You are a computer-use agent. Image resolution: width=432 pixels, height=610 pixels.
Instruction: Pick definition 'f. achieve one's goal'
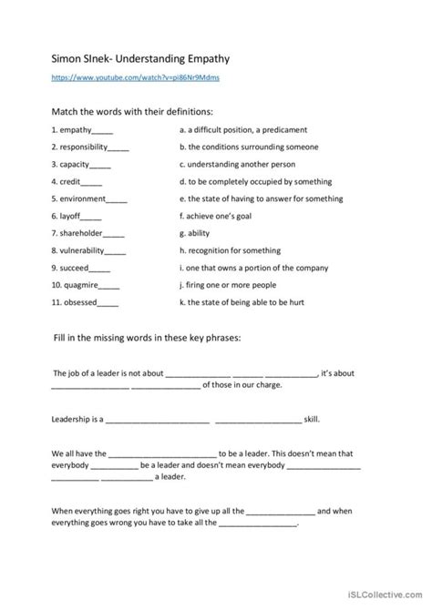pyautogui.click(x=221, y=216)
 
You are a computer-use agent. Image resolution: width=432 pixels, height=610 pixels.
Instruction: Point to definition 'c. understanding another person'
pyautogui.click(x=240, y=164)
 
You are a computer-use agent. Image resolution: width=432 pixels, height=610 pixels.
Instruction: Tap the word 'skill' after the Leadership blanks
pyautogui.click(x=312, y=419)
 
